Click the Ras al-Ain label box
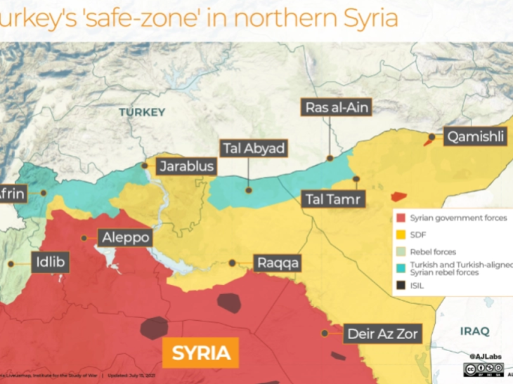337,107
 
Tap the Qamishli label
474,138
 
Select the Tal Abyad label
254,149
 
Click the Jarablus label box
186,167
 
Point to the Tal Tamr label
333,199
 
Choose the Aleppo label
126,238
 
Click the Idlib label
51,263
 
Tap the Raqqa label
278,263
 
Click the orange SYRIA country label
201,352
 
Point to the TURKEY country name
142,112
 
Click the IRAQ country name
474,331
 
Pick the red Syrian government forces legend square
401,218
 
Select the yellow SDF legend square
401,234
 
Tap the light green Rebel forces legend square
401,251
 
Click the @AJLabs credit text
486,357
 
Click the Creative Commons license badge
483,369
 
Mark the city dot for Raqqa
233,263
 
